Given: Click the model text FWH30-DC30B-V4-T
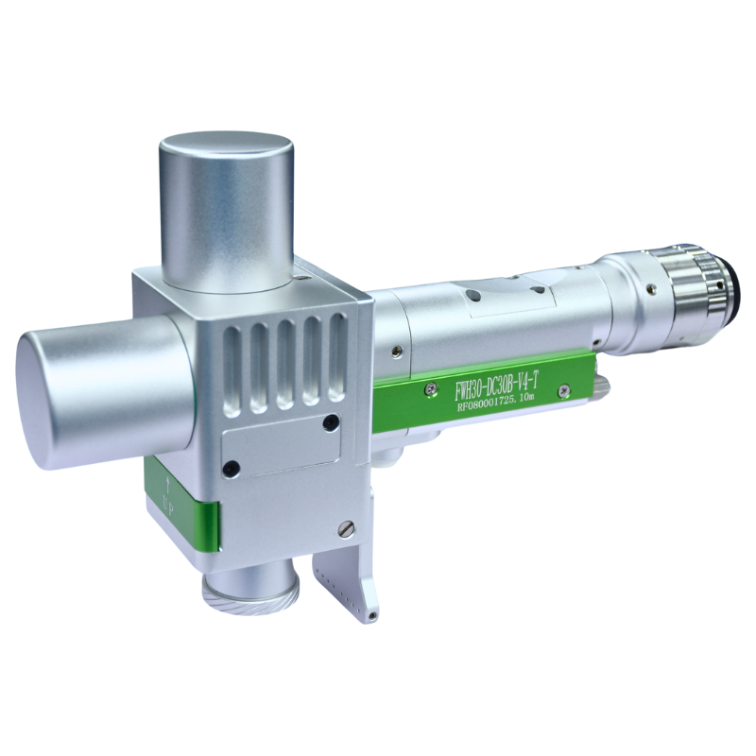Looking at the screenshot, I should [x=496, y=383].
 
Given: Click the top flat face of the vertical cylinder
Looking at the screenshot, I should [x=225, y=153].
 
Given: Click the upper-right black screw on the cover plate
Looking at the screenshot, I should [x=330, y=421].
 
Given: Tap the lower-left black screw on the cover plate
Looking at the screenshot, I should [x=230, y=466].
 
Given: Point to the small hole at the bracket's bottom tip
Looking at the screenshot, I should [x=374, y=617].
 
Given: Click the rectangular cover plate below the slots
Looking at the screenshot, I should [x=281, y=444].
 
